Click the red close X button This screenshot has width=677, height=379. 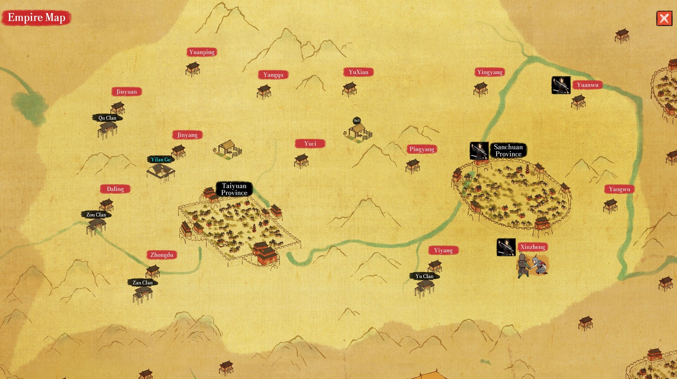tap(664, 18)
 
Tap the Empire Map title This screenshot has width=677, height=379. tap(36, 18)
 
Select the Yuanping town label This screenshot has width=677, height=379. tap(202, 52)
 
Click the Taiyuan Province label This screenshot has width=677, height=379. tap(234, 189)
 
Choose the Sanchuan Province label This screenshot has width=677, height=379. tap(508, 150)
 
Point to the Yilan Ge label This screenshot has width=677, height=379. tap(161, 160)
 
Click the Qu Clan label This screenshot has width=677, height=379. tap(107, 118)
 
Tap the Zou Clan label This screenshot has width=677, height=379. tap(96, 215)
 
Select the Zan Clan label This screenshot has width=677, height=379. tap(142, 283)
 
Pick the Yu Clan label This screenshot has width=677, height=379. tap(424, 276)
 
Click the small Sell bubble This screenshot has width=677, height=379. tap(357, 121)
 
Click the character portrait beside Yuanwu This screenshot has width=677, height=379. tap(561, 85)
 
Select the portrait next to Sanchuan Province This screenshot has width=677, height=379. tap(479, 151)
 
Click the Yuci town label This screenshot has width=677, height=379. tap(310, 144)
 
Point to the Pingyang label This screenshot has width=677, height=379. tap(422, 149)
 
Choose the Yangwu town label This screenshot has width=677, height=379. tap(619, 189)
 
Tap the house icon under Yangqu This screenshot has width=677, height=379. tap(264, 92)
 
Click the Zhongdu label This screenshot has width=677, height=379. tap(161, 255)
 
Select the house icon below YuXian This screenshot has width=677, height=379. tap(349, 89)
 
